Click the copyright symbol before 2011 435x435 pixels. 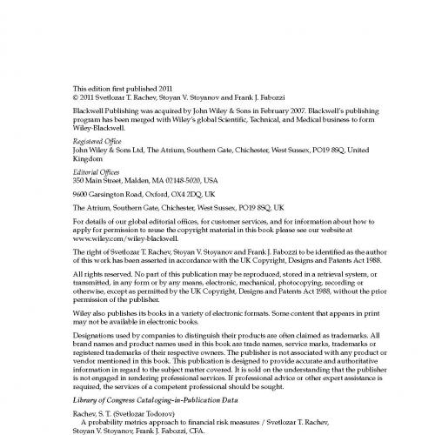[76, 98]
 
